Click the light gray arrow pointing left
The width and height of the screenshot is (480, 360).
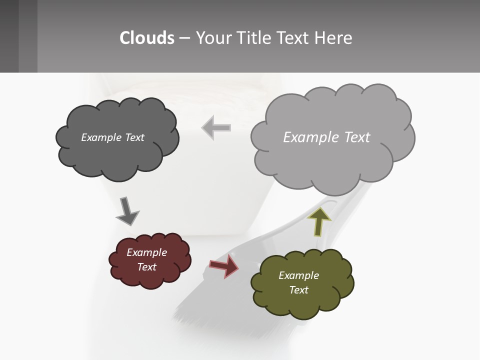point(216,128)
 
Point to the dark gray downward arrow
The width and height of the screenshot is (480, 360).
point(127,210)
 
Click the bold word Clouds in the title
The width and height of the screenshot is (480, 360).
point(147,38)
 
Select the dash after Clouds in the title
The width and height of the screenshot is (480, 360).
point(184,38)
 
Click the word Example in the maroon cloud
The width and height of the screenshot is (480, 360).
point(146,252)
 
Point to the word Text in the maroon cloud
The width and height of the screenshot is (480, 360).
point(146,267)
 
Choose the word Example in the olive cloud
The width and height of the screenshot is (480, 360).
point(298,275)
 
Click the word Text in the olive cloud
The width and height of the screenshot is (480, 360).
point(298,290)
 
